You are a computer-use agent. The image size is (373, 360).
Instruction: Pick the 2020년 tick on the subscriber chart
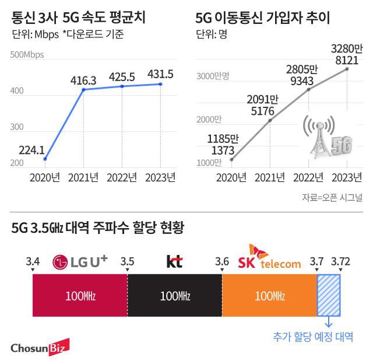pyautogui.click(x=231, y=177)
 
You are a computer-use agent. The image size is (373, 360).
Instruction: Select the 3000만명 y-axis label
pyautogui.click(x=214, y=76)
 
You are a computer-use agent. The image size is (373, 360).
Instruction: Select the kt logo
pyautogui.click(x=174, y=261)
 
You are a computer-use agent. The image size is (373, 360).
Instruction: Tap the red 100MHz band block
pyautogui.click(x=80, y=296)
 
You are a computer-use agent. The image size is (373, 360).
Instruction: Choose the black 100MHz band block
pyautogui.click(x=174, y=296)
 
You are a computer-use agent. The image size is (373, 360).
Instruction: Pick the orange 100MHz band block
pyautogui.click(x=269, y=296)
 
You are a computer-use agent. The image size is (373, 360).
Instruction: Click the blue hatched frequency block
pyautogui.click(x=328, y=296)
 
